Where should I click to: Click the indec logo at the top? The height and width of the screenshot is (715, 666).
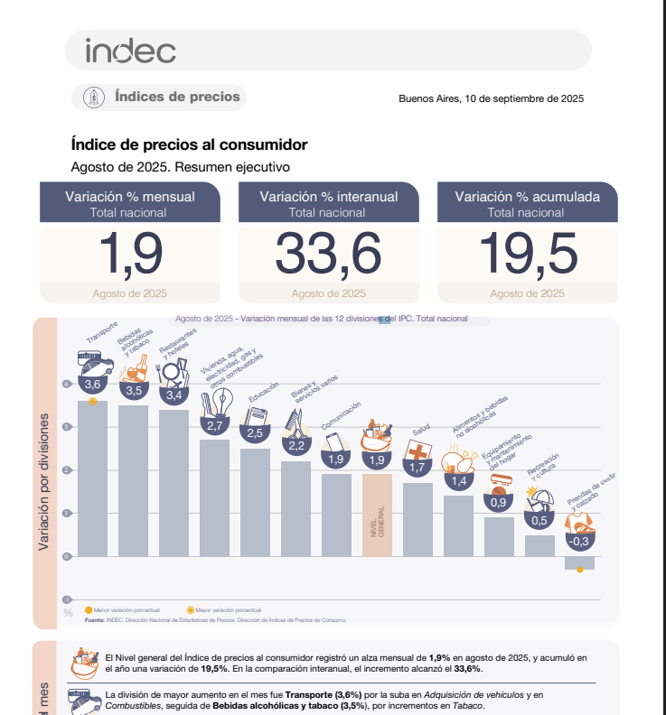[130, 51]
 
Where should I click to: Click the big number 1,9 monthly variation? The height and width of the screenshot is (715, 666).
[130, 254]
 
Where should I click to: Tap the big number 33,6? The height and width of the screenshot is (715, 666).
[328, 254]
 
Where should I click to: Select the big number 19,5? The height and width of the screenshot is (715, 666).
[528, 254]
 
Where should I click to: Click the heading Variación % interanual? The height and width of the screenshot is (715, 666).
[328, 196]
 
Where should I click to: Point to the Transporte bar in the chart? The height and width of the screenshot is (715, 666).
[92, 478]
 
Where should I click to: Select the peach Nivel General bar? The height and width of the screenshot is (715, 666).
[377, 515]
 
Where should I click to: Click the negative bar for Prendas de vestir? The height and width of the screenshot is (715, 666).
[580, 562]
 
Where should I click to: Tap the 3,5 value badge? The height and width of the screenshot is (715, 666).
[134, 391]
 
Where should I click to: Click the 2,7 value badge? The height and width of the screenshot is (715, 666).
[215, 425]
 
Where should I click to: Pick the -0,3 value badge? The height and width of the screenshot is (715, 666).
[579, 542]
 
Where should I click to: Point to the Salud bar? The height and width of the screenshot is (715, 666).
[417, 519]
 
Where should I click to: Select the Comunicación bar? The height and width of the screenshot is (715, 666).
[336, 515]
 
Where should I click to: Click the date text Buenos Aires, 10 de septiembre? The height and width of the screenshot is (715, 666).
[491, 98]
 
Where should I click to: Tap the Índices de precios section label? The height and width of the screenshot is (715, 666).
[177, 97]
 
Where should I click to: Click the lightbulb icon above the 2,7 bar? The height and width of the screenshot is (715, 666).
[222, 400]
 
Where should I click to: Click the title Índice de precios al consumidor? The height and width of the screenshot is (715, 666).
[189, 144]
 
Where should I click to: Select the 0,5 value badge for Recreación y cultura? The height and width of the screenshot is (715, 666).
[539, 520]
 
